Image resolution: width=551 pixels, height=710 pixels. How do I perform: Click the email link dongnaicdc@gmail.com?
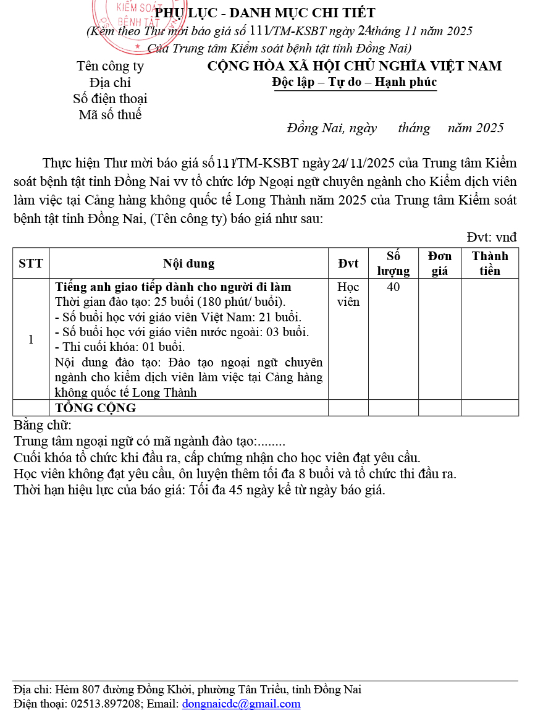pyautogui.click(x=241, y=703)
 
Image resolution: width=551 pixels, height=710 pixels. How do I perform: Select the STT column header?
pyautogui.click(x=31, y=263)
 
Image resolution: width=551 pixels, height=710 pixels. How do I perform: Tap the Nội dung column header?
pyautogui.click(x=188, y=263)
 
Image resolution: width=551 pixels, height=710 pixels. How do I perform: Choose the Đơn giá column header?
pyautogui.click(x=440, y=263)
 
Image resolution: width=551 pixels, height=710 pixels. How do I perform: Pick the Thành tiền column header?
pyautogui.click(x=490, y=263)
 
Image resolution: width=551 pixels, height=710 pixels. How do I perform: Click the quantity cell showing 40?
pyautogui.click(x=393, y=287)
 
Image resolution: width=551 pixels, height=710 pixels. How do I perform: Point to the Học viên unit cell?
pyautogui.click(x=348, y=295)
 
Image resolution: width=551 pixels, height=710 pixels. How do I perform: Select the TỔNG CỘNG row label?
pyautogui.click(x=96, y=408)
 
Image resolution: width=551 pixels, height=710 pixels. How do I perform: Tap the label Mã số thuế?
pyautogui.click(x=110, y=114)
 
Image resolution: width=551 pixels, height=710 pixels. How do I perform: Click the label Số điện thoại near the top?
pyautogui.click(x=110, y=98)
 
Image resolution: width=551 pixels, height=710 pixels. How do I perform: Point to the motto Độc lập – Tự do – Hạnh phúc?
pyautogui.click(x=355, y=82)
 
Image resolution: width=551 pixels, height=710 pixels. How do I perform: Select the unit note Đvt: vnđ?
pyautogui.click(x=492, y=237)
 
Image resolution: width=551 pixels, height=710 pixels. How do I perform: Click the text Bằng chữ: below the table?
pyautogui.click(x=43, y=425)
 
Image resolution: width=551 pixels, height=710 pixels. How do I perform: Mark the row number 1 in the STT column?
pyautogui.click(x=31, y=339)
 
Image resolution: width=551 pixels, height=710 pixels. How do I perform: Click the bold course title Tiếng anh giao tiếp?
pyautogui.click(x=173, y=287)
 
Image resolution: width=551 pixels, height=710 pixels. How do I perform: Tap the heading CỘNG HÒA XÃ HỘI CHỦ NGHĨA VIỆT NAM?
pyautogui.click(x=355, y=66)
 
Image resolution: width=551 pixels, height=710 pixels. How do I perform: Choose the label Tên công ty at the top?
pyautogui.click(x=110, y=66)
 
